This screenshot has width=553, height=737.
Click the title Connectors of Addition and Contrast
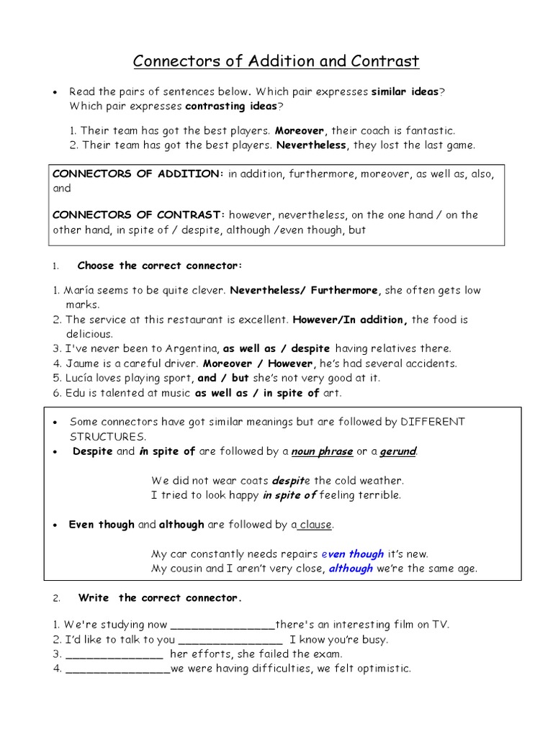[x=276, y=61]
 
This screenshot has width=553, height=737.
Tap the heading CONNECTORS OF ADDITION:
[x=138, y=175]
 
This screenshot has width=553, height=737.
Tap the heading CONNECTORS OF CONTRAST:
[x=140, y=214]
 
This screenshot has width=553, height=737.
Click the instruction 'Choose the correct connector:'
[x=159, y=266]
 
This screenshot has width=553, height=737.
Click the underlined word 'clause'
[x=315, y=525]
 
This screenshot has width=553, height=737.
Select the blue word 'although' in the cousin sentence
[x=351, y=569]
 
